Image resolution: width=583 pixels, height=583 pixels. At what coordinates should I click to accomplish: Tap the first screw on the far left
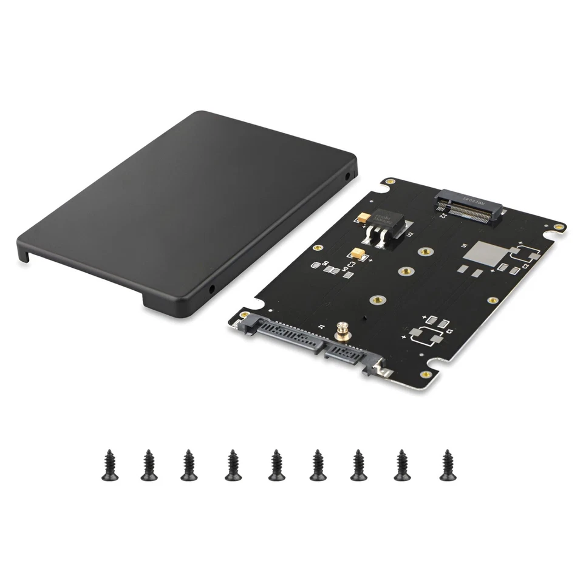110,465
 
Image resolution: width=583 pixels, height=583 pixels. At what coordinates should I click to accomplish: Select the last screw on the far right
448,465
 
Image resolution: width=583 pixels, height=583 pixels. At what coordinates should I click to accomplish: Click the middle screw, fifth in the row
277,465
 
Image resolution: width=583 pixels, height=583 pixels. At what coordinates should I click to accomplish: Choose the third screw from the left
189,465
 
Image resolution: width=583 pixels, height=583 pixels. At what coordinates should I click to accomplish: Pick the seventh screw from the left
358,465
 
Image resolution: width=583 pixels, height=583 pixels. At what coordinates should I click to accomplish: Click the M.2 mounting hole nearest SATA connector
378,299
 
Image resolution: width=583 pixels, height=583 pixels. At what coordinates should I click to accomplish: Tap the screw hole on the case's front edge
212,290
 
